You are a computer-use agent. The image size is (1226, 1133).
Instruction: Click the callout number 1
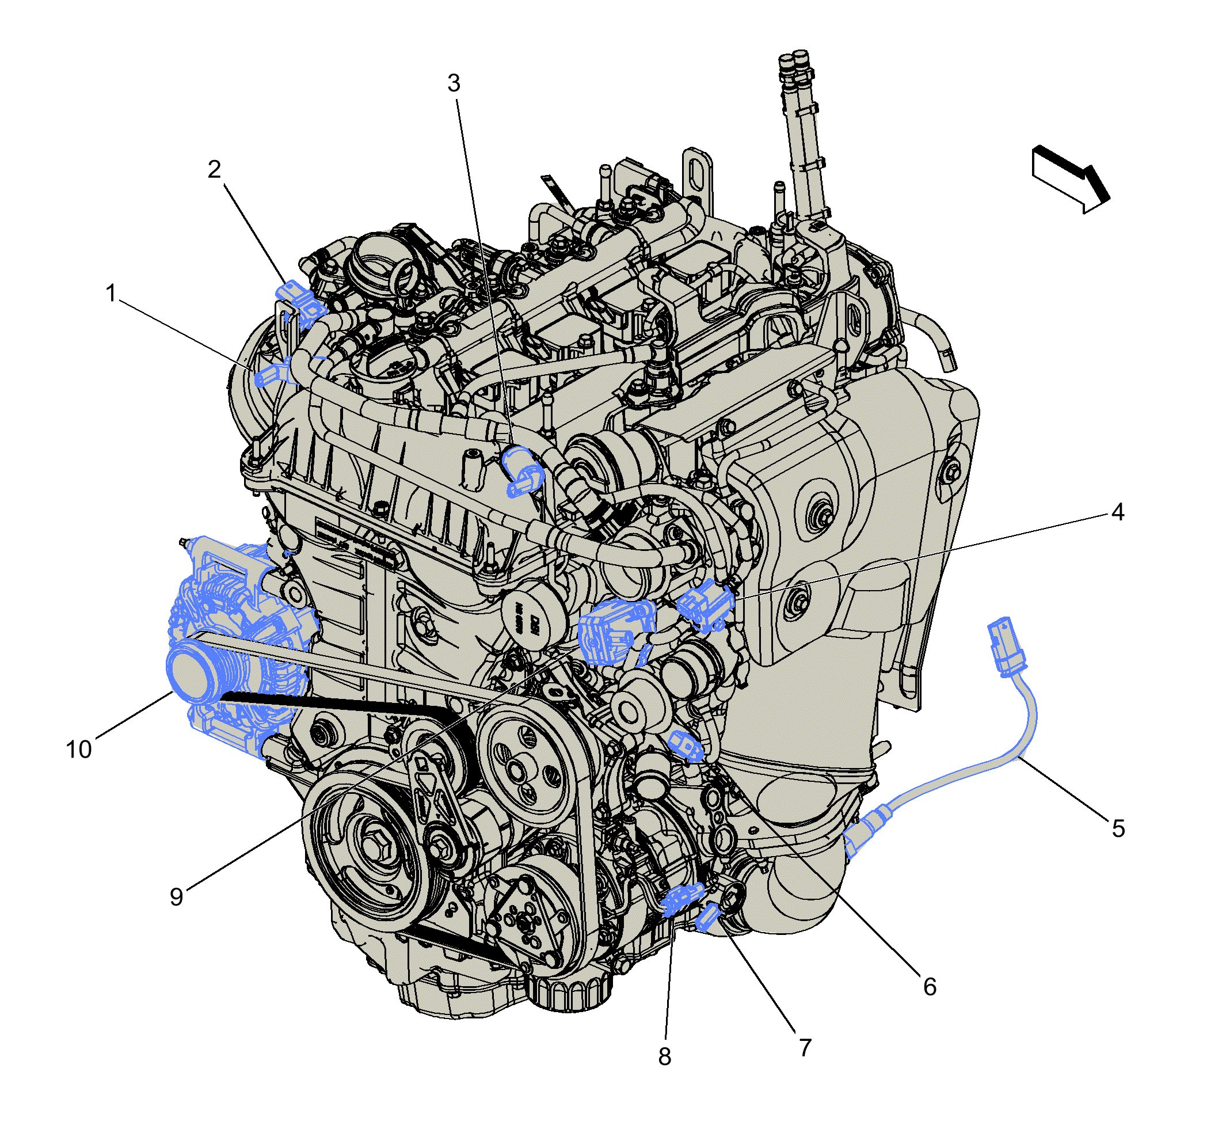[x=111, y=293]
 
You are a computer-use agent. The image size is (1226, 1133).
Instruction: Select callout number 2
[x=214, y=169]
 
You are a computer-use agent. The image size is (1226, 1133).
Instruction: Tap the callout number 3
[x=454, y=83]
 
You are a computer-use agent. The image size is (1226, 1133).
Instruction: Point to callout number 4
[x=1117, y=512]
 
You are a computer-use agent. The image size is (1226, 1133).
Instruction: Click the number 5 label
[x=1118, y=829]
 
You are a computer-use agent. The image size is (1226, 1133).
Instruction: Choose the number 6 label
[x=930, y=987]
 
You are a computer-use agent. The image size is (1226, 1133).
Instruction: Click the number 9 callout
[x=177, y=897]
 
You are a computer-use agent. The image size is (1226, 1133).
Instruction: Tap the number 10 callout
[x=78, y=749]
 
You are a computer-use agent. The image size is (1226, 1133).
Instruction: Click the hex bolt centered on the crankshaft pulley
[x=373, y=847]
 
